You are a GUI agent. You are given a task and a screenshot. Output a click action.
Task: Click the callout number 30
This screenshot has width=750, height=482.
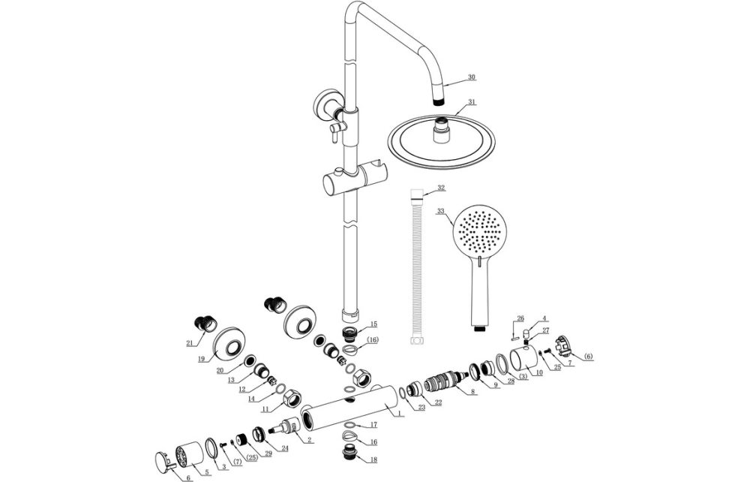pyautogui.click(x=471, y=77)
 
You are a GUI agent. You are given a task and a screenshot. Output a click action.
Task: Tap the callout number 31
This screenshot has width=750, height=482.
pyautogui.click(x=471, y=101)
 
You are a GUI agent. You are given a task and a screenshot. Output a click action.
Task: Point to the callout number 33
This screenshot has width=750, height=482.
pyautogui.click(x=441, y=211)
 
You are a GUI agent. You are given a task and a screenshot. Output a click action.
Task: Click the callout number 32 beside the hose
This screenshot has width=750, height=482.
pyautogui.click(x=441, y=187)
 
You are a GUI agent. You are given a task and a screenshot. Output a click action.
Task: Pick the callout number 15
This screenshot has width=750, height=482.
pyautogui.click(x=373, y=324)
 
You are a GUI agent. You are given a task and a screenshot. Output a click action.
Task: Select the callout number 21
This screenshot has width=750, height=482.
pyautogui.click(x=189, y=343)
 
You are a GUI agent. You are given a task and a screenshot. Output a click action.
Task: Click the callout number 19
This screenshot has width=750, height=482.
pyautogui.click(x=202, y=359)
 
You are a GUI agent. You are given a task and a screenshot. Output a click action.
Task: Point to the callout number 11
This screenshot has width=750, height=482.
pyautogui.click(x=265, y=409)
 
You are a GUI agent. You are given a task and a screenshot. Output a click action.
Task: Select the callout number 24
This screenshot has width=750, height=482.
pyautogui.click(x=284, y=448)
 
